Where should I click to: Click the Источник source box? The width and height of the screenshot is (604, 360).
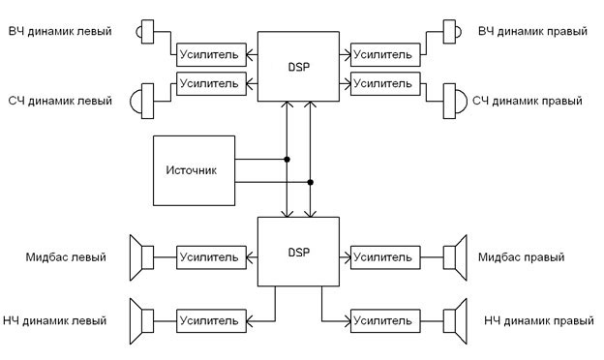(193, 170)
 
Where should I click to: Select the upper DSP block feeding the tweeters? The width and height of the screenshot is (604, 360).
(298, 67)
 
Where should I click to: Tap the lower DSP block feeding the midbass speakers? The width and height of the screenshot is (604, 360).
(298, 252)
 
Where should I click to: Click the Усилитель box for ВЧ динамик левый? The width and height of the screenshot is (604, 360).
(208, 50)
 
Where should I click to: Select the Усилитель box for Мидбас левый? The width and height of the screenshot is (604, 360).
(208, 257)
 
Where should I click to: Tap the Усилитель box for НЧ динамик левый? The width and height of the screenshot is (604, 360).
(208, 318)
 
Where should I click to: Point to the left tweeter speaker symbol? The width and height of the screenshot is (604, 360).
(145, 32)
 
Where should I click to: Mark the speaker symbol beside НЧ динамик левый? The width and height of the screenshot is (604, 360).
(144, 318)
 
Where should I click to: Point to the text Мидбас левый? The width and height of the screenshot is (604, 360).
(66, 257)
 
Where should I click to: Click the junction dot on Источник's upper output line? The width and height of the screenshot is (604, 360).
(287, 159)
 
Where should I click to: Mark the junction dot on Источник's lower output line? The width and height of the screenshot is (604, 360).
(310, 181)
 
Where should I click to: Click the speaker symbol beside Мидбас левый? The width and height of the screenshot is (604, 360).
(144, 257)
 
